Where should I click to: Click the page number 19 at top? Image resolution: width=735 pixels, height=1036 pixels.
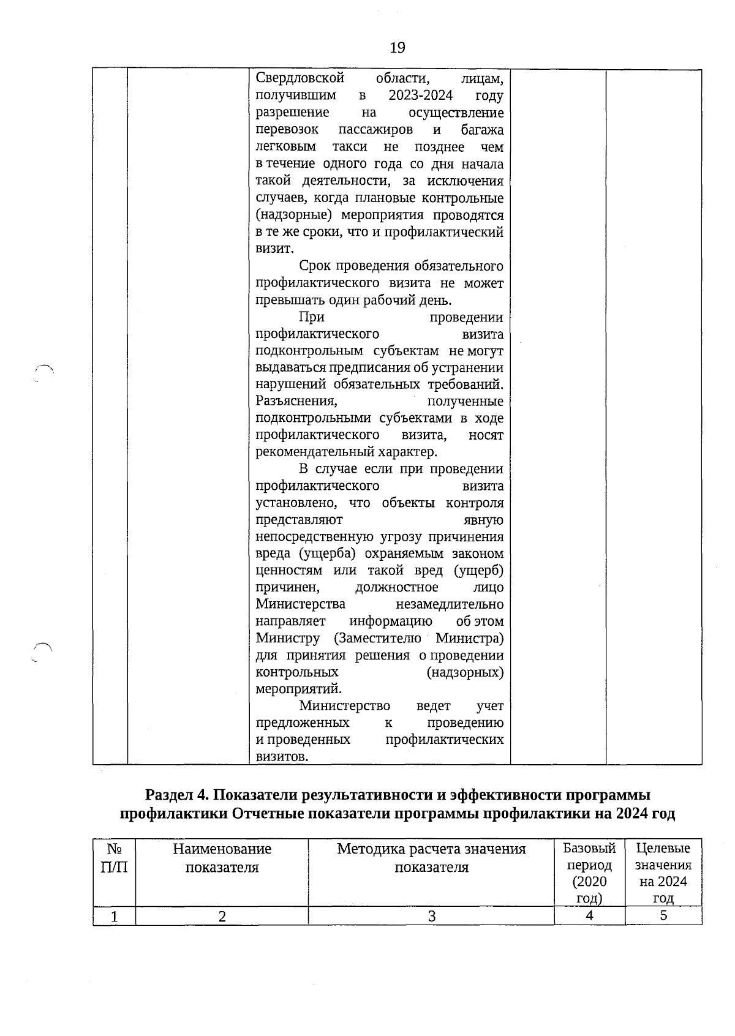(397, 47)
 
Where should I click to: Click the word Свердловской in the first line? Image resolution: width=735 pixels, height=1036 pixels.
(300, 78)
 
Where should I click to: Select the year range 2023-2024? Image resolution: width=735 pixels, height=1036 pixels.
(420, 96)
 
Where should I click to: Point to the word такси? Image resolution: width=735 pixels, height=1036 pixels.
(350, 147)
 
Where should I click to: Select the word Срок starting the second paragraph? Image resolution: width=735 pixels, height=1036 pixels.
(315, 266)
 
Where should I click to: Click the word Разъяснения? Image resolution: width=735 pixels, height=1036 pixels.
(296, 401)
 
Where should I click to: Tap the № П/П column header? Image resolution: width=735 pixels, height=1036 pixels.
(114, 858)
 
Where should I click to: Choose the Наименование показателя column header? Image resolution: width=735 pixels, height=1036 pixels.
(222, 858)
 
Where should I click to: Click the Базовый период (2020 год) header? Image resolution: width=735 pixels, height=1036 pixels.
(589, 873)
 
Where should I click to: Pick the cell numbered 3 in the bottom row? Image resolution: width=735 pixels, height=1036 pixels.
(431, 917)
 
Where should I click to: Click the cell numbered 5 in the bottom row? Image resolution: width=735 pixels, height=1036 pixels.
(663, 916)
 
